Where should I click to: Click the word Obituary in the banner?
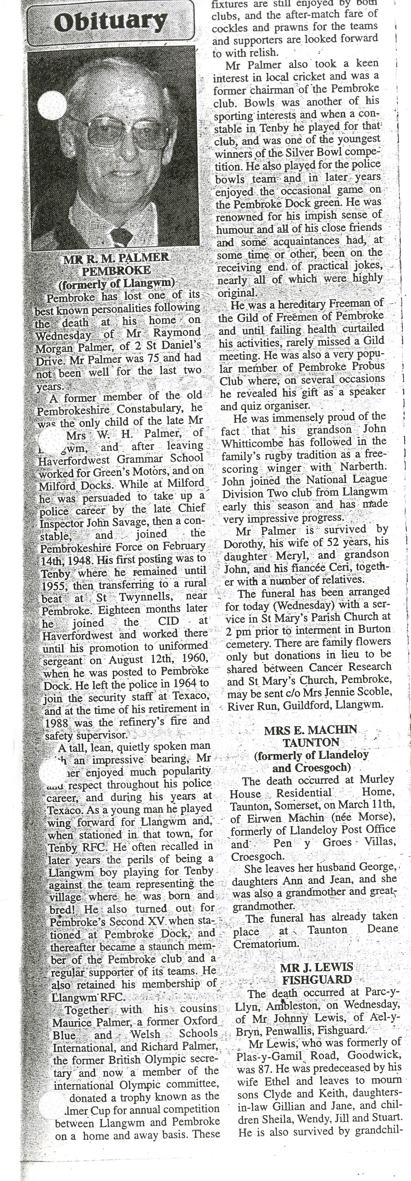(110, 22)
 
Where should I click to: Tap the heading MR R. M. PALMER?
(116, 258)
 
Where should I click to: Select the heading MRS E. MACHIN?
(311, 730)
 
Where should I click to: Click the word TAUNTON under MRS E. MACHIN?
(311, 743)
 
